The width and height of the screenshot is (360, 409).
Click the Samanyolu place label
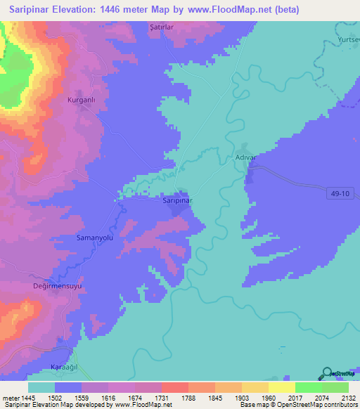click(x=95, y=239)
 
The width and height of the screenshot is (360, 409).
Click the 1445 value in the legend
click(x=28, y=397)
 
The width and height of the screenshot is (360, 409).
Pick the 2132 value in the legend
click(x=349, y=397)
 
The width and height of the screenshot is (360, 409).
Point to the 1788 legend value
click(x=188, y=397)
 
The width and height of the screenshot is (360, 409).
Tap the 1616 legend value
click(x=108, y=397)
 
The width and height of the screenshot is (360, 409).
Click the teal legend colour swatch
click(x=41, y=387)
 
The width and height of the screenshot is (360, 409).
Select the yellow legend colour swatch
click(x=282, y=387)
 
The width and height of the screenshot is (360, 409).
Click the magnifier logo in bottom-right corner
click(x=327, y=372)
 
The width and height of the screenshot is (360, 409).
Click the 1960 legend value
click(x=269, y=397)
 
